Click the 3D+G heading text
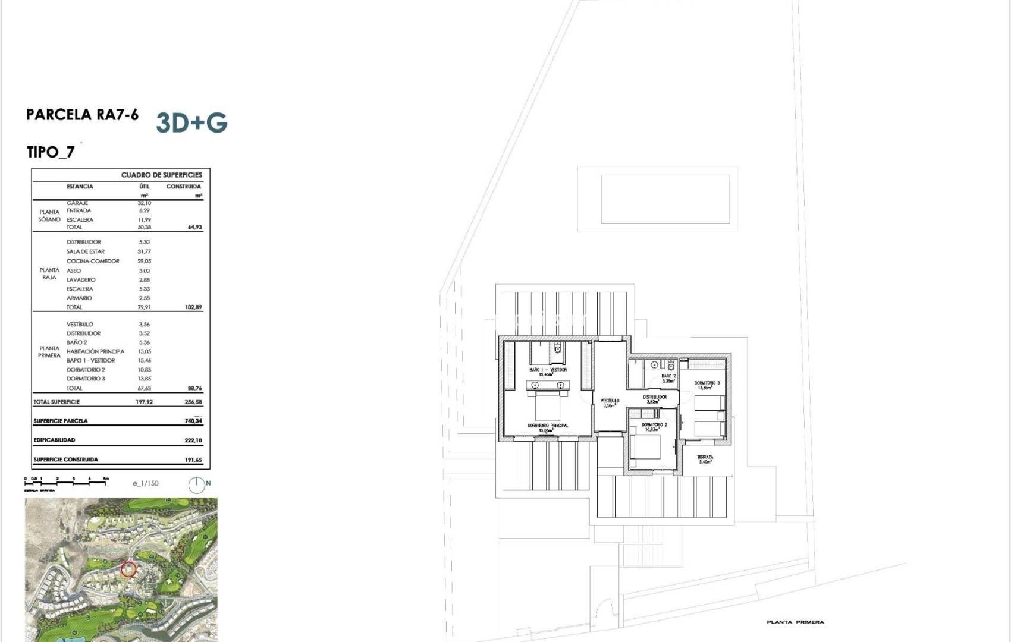pos(191,122)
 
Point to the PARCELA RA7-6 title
pos(82,114)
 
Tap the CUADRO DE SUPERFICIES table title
pos(161,175)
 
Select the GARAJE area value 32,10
pos(144,203)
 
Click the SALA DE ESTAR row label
pos(85,251)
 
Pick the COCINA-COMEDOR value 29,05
pos(144,261)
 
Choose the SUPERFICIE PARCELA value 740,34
pos(193,421)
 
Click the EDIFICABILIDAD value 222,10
pos(193,440)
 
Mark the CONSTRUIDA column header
pos(183,187)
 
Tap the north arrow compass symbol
pos(196,485)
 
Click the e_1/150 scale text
pos(146,484)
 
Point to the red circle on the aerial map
pos(128,569)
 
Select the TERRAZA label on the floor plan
pos(705,457)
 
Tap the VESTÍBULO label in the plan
pos(610,401)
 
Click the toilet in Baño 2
pos(670,364)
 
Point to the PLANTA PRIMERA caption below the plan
pos(795,622)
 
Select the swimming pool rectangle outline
pos(665,199)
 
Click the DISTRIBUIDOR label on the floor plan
pos(655,397)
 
